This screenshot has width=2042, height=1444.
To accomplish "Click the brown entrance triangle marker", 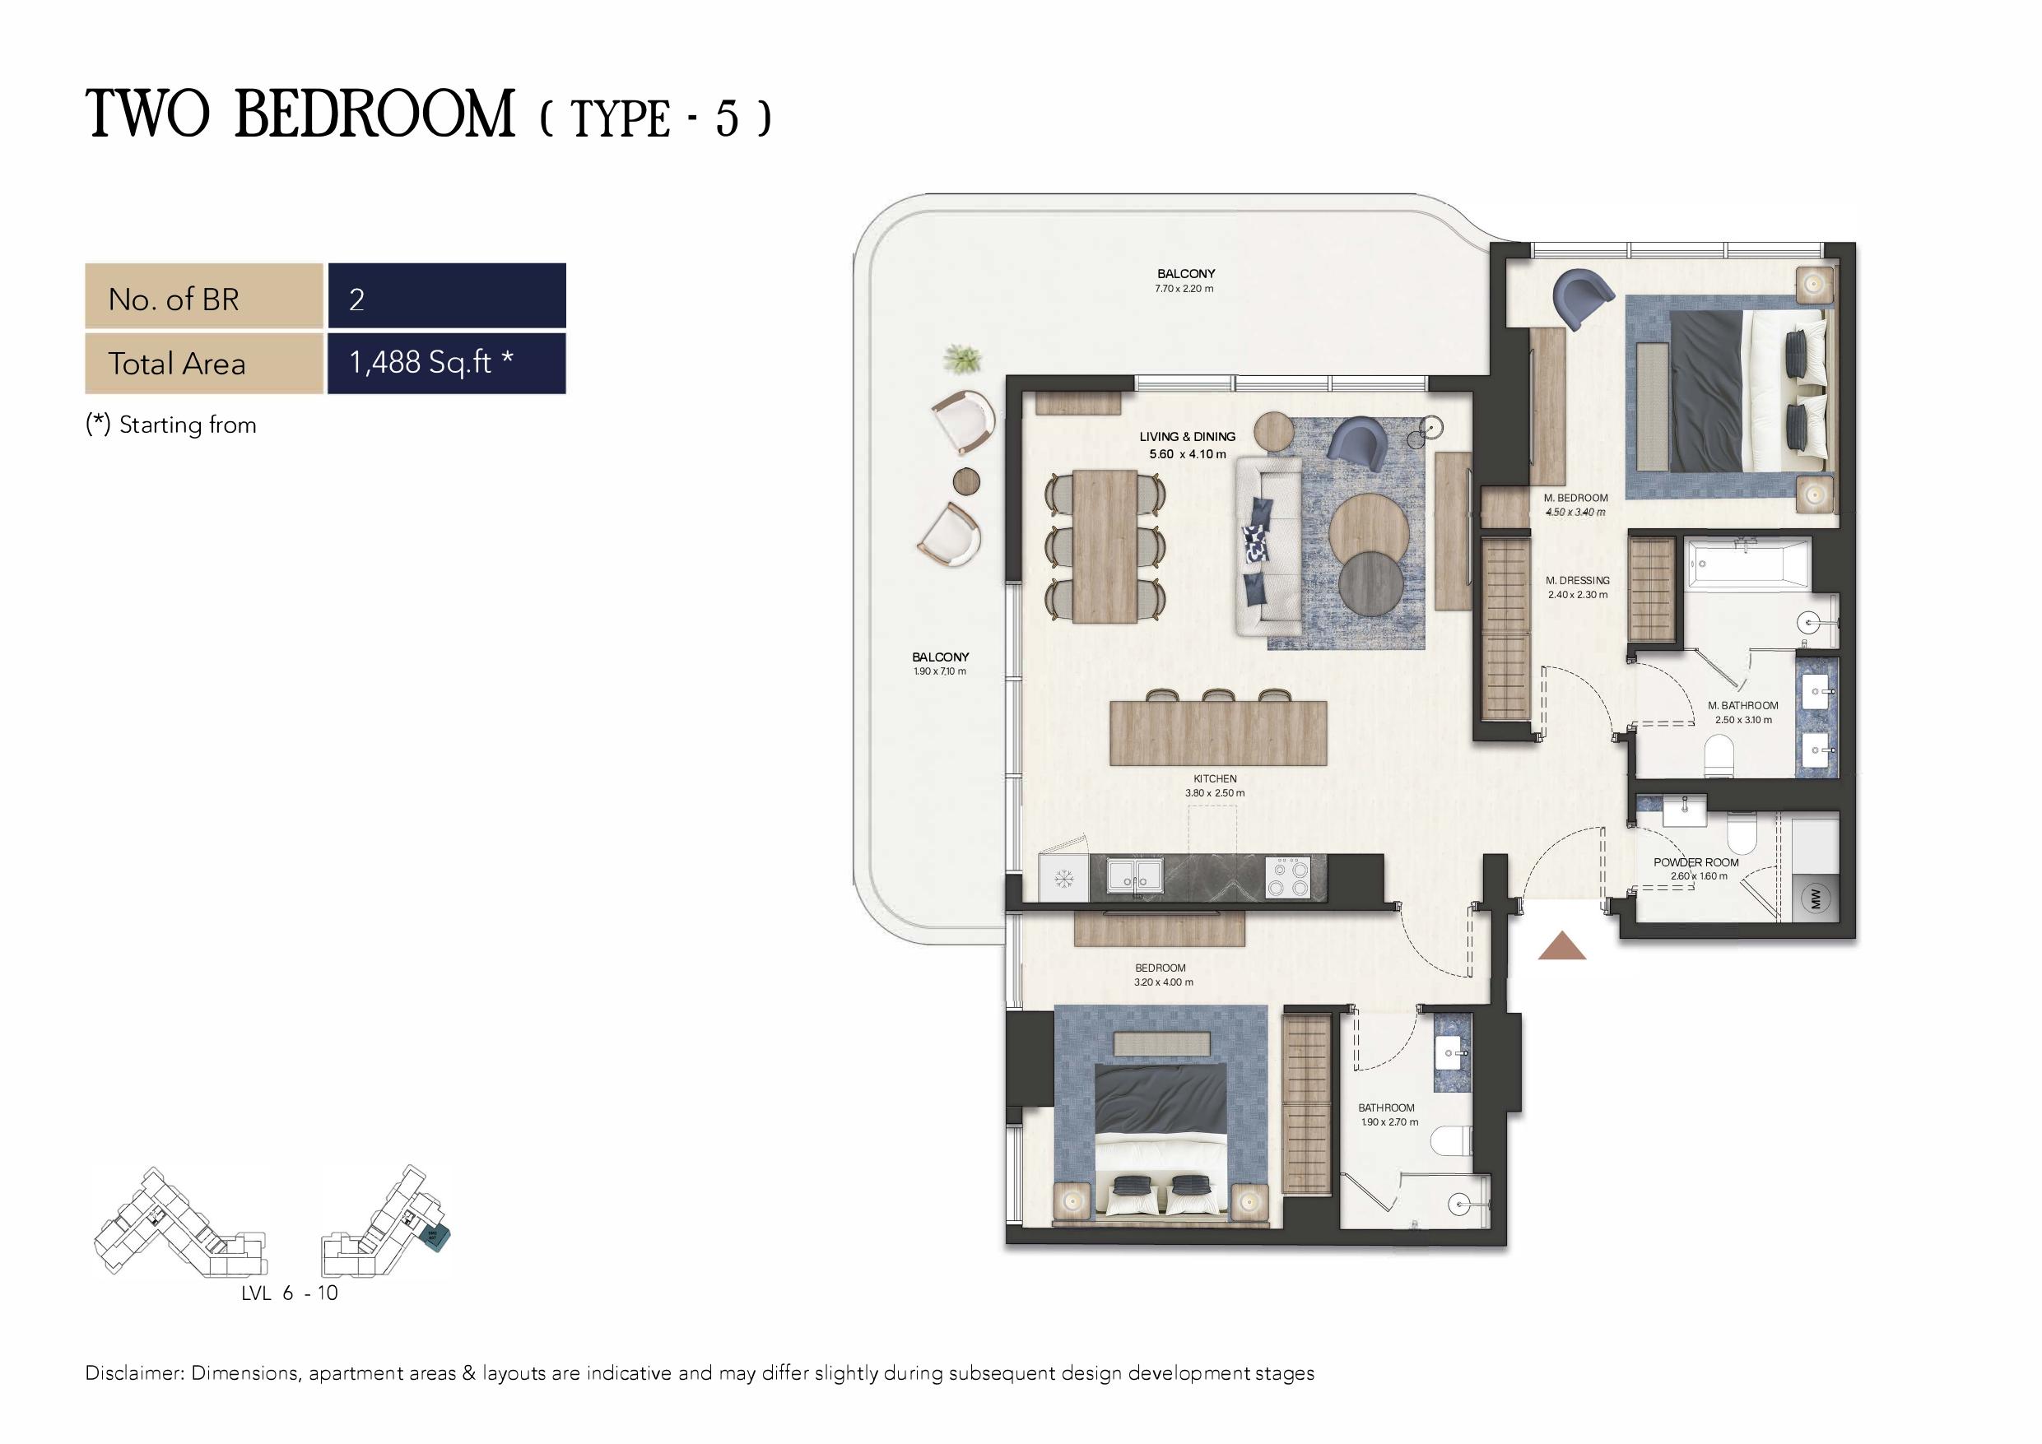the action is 1561,946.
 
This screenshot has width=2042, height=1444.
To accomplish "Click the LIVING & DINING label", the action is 1188,437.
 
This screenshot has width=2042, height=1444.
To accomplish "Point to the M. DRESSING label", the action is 1578,581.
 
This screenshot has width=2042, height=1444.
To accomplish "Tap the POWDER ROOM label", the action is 1696,862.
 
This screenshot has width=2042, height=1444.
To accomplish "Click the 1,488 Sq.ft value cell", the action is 446,363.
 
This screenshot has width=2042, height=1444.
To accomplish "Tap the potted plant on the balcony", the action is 962,360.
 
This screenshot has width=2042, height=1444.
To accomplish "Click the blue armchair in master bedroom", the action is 1581,298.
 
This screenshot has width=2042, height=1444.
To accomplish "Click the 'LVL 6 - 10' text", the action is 290,1293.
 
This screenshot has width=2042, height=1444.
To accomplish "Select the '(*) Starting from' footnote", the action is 170,425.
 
